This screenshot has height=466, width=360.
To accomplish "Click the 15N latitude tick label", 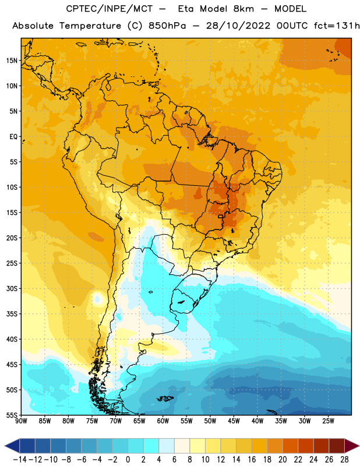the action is (x=12, y=61).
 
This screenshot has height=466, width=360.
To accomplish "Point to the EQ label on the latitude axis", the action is (x=13, y=137).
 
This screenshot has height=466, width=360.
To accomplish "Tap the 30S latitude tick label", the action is (x=12, y=288).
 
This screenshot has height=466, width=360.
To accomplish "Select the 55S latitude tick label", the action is (x=12, y=415).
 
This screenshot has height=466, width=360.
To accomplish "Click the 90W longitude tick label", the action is (x=21, y=421).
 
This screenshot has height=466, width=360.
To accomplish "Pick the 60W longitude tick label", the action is (x=163, y=421).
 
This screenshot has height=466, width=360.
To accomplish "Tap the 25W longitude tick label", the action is (x=328, y=421).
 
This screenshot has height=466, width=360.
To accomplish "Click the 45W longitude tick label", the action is (x=234, y=421).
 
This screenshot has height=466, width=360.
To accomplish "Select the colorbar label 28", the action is (x=344, y=460).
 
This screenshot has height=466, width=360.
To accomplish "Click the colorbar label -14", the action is (x=20, y=460).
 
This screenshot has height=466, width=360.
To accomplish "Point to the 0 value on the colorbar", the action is (x=128, y=460).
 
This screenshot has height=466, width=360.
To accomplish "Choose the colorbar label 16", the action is (x=252, y=460).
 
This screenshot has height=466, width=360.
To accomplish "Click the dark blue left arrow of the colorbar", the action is (x=12, y=446).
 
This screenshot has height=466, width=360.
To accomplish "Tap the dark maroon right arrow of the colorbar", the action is (x=352, y=446).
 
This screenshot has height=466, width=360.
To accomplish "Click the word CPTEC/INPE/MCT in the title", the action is (x=110, y=9).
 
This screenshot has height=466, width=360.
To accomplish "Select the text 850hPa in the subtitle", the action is (x=167, y=26).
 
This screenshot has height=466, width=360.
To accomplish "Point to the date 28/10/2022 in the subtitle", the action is (x=238, y=26).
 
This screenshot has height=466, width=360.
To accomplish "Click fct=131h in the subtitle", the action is (x=337, y=26).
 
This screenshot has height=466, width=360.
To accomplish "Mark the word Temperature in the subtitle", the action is (x=90, y=26).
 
